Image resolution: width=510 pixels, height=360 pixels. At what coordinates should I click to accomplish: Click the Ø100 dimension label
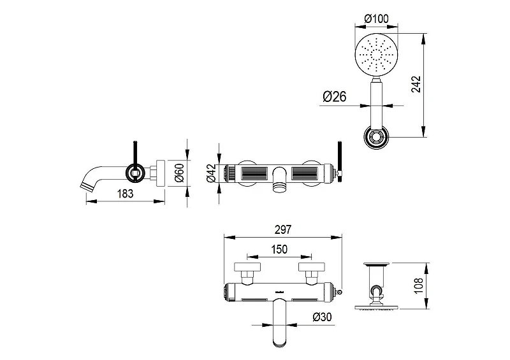click(x=376, y=18)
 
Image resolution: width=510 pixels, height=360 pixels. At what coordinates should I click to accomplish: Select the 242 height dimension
click(x=416, y=84)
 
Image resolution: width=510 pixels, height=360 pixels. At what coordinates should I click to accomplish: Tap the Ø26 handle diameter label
click(x=334, y=97)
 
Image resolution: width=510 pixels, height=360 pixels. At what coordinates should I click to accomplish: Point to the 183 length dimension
click(x=125, y=194)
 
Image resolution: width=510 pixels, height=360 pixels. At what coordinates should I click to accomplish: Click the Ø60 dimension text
click(x=179, y=173)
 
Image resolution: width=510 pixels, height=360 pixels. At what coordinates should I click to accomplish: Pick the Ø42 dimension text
click(x=211, y=173)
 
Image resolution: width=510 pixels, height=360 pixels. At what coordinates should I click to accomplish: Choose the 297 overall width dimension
click(x=283, y=229)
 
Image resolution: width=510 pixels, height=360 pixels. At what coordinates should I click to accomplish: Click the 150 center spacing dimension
click(x=279, y=249)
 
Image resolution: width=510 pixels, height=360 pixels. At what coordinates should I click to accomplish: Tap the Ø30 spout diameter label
click(x=322, y=317)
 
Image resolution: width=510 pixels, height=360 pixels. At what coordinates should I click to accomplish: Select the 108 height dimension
click(x=419, y=286)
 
